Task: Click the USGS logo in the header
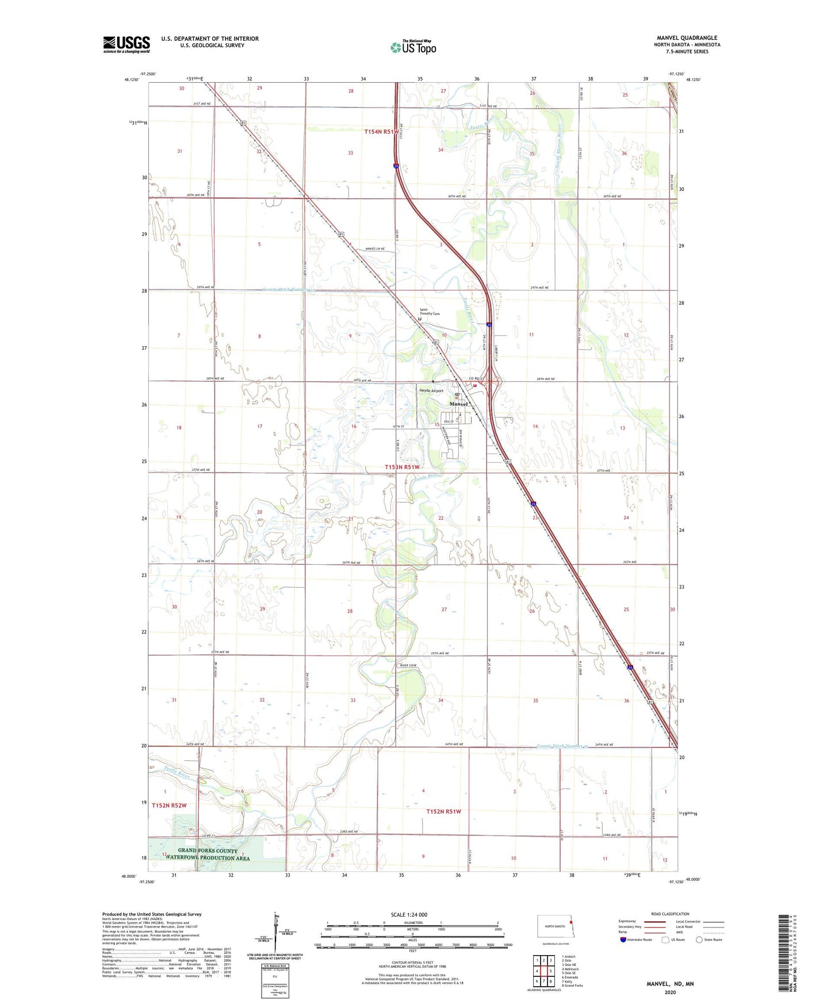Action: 126,44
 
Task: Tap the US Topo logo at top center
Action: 413,47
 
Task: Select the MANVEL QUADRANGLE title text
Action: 687,38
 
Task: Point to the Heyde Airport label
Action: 431,390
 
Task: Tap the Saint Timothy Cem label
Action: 429,311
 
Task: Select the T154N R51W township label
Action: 381,132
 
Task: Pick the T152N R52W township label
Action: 169,805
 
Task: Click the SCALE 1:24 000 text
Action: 409,914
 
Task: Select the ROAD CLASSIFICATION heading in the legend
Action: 670,914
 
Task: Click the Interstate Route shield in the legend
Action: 623,940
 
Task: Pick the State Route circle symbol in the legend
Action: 699,940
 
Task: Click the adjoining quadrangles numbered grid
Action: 543,971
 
